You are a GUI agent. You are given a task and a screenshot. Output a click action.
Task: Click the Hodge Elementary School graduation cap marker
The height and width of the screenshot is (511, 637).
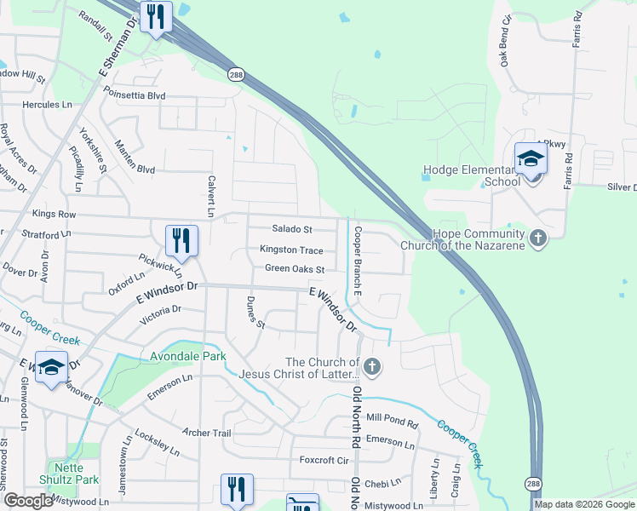pyautogui.click(x=531, y=159)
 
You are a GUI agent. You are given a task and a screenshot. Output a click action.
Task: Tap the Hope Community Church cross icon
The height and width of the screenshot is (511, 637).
pyautogui.click(x=537, y=238)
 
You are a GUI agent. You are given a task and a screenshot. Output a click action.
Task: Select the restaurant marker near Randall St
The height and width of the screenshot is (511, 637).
pyautogui.click(x=156, y=17)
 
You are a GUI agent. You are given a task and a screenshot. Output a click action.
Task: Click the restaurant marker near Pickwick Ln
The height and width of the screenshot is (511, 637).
pyautogui.click(x=181, y=240)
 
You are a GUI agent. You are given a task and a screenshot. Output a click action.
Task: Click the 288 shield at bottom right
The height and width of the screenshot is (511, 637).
pyautogui.click(x=533, y=483)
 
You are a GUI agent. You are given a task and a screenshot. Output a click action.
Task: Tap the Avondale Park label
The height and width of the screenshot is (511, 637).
pyautogui.click(x=188, y=356)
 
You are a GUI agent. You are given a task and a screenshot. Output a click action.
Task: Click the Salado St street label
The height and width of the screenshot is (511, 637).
pyautogui.click(x=292, y=229)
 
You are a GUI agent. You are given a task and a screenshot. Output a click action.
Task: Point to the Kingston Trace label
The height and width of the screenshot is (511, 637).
pyautogui.click(x=292, y=250)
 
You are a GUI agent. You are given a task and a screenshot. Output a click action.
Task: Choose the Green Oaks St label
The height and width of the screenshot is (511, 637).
pyautogui.click(x=295, y=269)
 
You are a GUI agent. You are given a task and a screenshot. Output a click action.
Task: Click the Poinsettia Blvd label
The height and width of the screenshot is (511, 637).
pyautogui.click(x=134, y=96)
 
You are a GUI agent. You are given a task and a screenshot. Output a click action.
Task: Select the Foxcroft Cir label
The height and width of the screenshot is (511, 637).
pyautogui.click(x=324, y=460)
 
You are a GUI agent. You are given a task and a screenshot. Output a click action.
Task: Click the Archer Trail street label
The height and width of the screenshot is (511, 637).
pyautogui.click(x=205, y=433)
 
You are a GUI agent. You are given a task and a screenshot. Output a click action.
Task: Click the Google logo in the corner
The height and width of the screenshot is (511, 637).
pyautogui.click(x=28, y=501)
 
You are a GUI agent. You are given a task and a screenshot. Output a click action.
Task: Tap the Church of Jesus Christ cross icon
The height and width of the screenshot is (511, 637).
pyautogui.click(x=372, y=367)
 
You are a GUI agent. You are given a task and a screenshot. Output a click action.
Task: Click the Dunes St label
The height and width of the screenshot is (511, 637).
pyautogui.click(x=255, y=313)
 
